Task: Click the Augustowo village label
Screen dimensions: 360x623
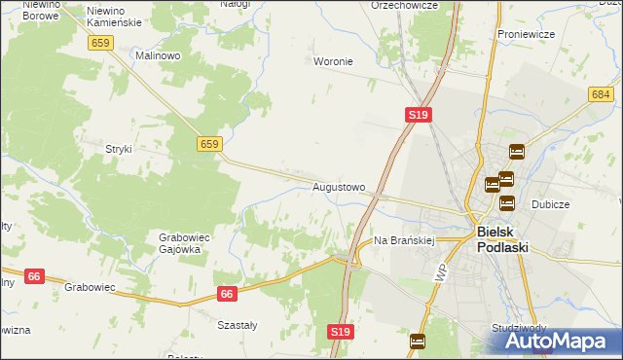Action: (339, 186)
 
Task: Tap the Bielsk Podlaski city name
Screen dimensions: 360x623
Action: (503, 239)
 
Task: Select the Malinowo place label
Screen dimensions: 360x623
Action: (159, 56)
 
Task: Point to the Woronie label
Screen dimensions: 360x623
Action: (332, 61)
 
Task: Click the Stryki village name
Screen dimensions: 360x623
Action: (118, 149)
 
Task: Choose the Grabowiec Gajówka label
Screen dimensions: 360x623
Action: (179, 242)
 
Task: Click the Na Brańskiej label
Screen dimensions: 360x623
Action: (403, 239)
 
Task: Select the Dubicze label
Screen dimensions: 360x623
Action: (550, 205)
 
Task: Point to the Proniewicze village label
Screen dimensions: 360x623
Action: (525, 34)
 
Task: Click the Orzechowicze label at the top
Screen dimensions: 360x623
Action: (404, 5)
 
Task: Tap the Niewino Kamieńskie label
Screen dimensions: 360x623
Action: (114, 16)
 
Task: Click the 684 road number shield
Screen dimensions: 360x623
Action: (600, 93)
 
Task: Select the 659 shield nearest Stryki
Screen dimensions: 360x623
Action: (208, 144)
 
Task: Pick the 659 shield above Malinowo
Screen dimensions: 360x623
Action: (99, 43)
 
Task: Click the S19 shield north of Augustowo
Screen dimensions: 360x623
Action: (418, 115)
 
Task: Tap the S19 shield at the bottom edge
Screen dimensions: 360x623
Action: (340, 332)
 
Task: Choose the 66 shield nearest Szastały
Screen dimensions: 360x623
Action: (227, 293)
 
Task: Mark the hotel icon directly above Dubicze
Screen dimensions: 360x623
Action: (507, 203)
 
